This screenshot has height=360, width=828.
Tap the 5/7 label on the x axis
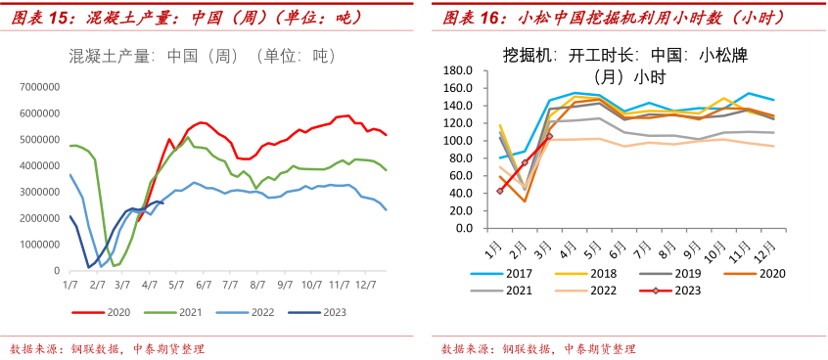click(x=177, y=284)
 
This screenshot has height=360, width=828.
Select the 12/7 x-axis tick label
click(x=366, y=284)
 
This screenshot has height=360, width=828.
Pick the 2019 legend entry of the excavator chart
click(x=683, y=274)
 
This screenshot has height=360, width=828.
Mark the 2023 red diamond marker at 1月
click(x=500, y=191)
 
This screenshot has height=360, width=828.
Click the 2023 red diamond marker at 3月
click(x=549, y=136)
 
